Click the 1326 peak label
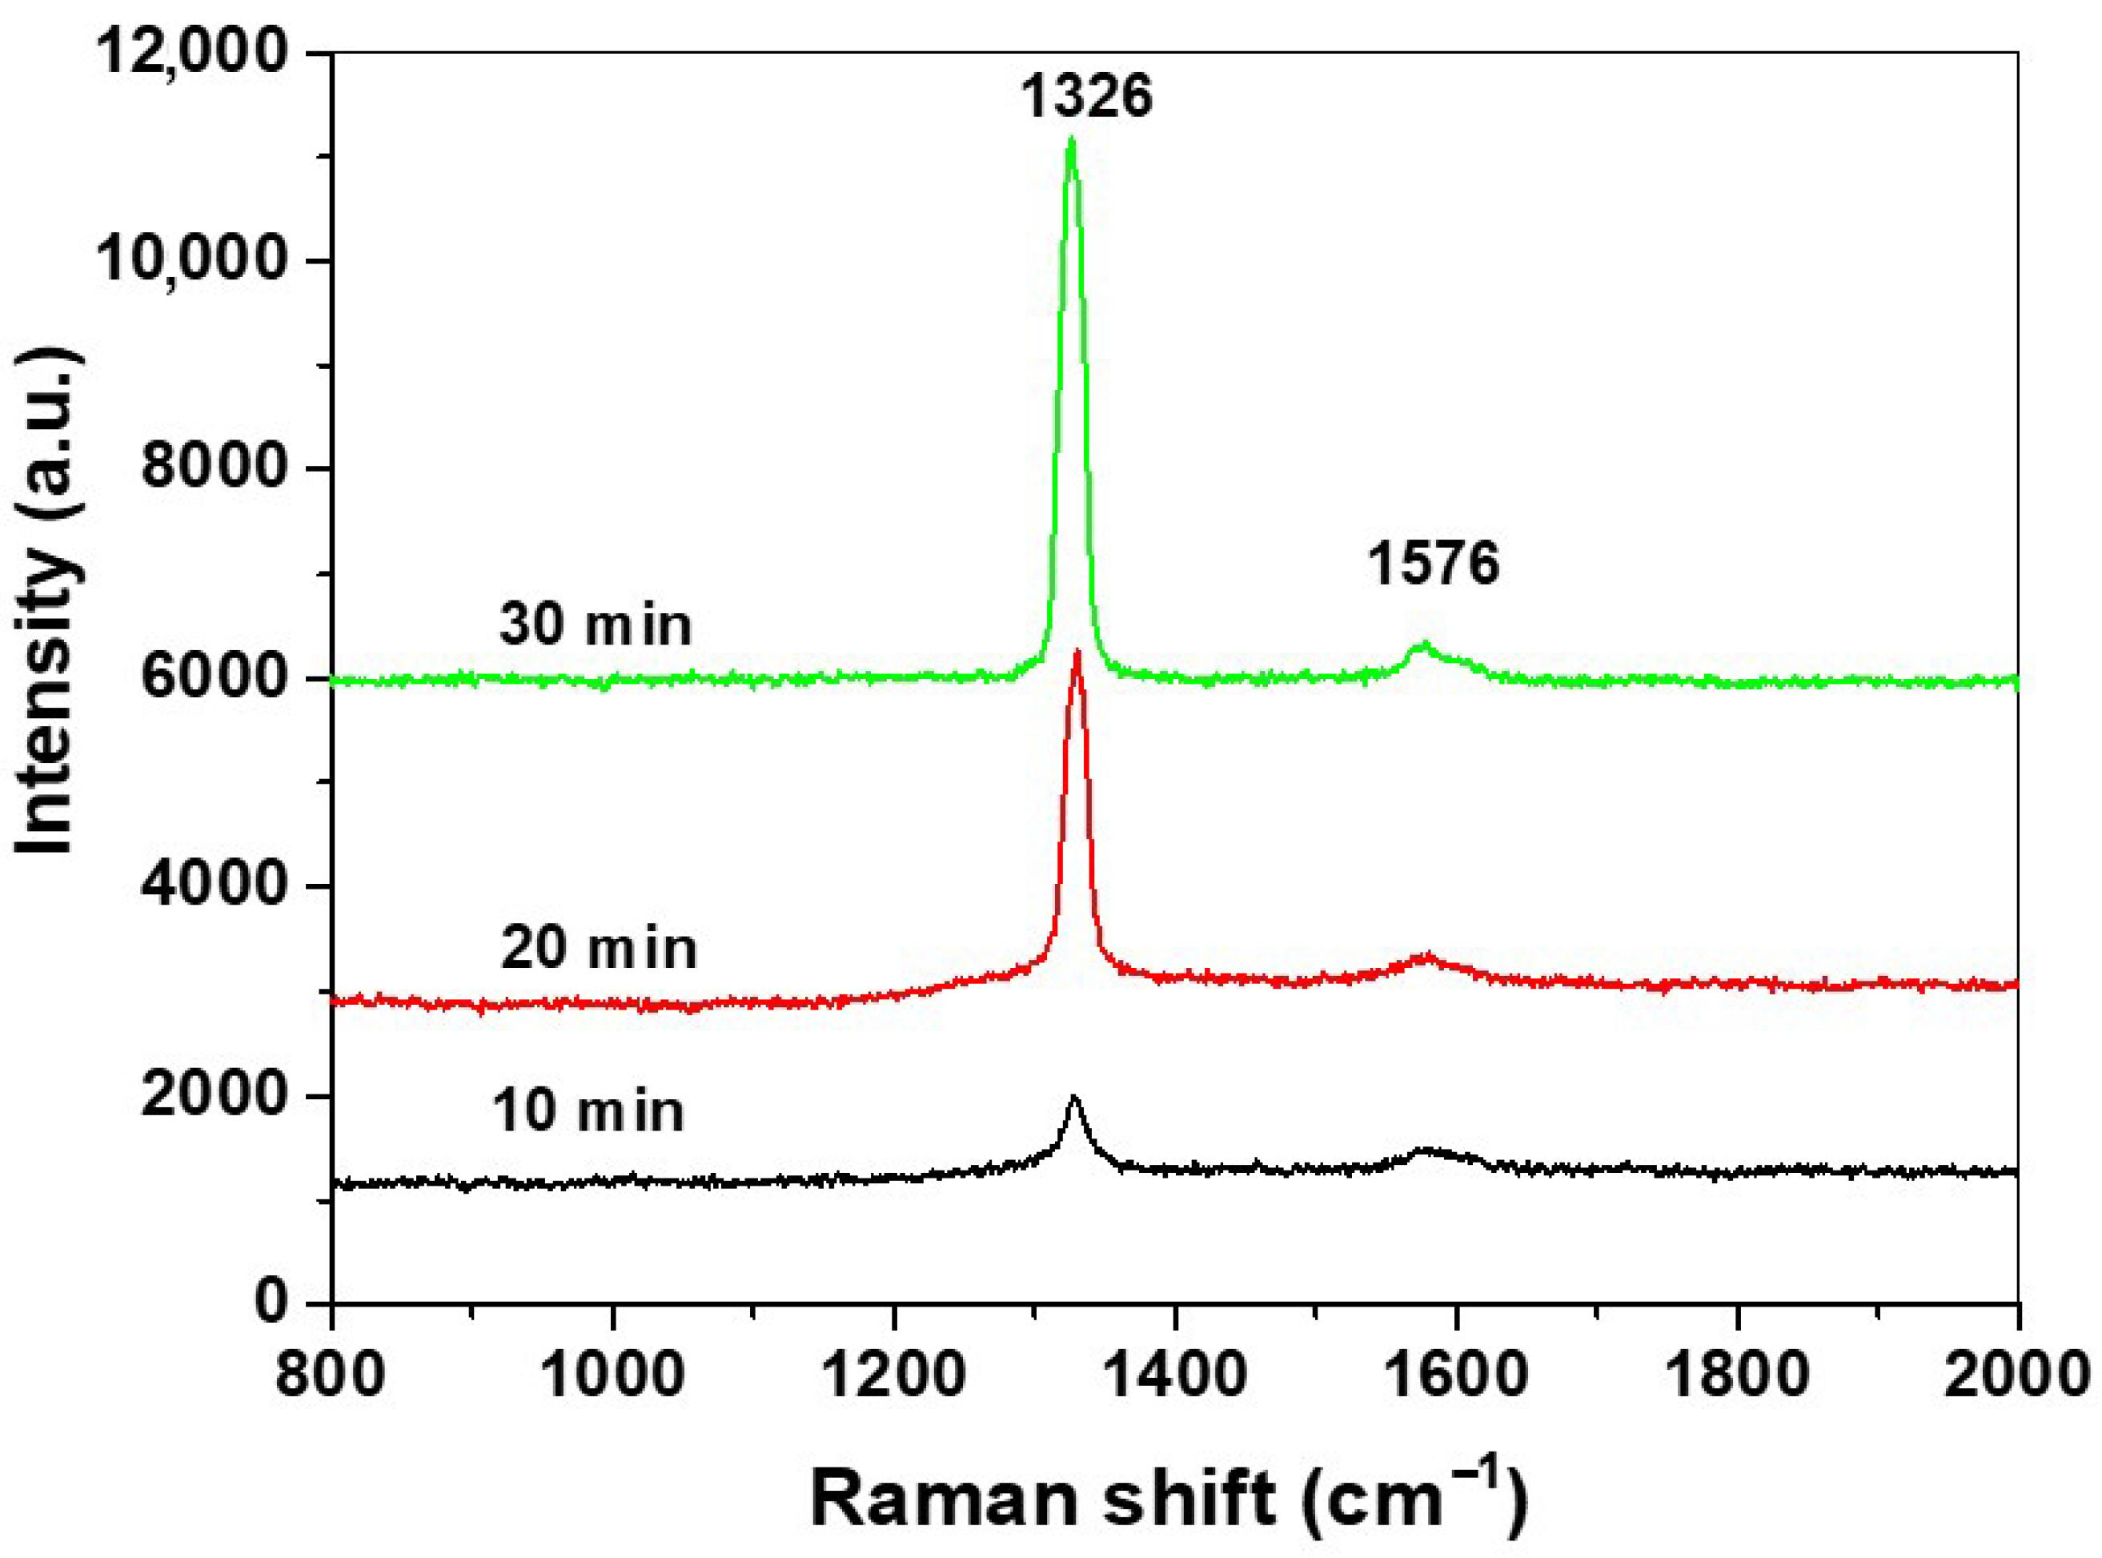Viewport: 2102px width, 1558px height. pos(1086,96)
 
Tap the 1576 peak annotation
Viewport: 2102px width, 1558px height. pos(1434,564)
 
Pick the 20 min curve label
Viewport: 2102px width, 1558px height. pos(598,948)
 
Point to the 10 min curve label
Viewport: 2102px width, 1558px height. pos(588,1111)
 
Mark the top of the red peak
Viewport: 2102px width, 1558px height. pos(1076,653)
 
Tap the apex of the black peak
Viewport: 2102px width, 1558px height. pos(1073,1097)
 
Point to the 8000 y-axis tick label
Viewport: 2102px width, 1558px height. pos(213,468)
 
